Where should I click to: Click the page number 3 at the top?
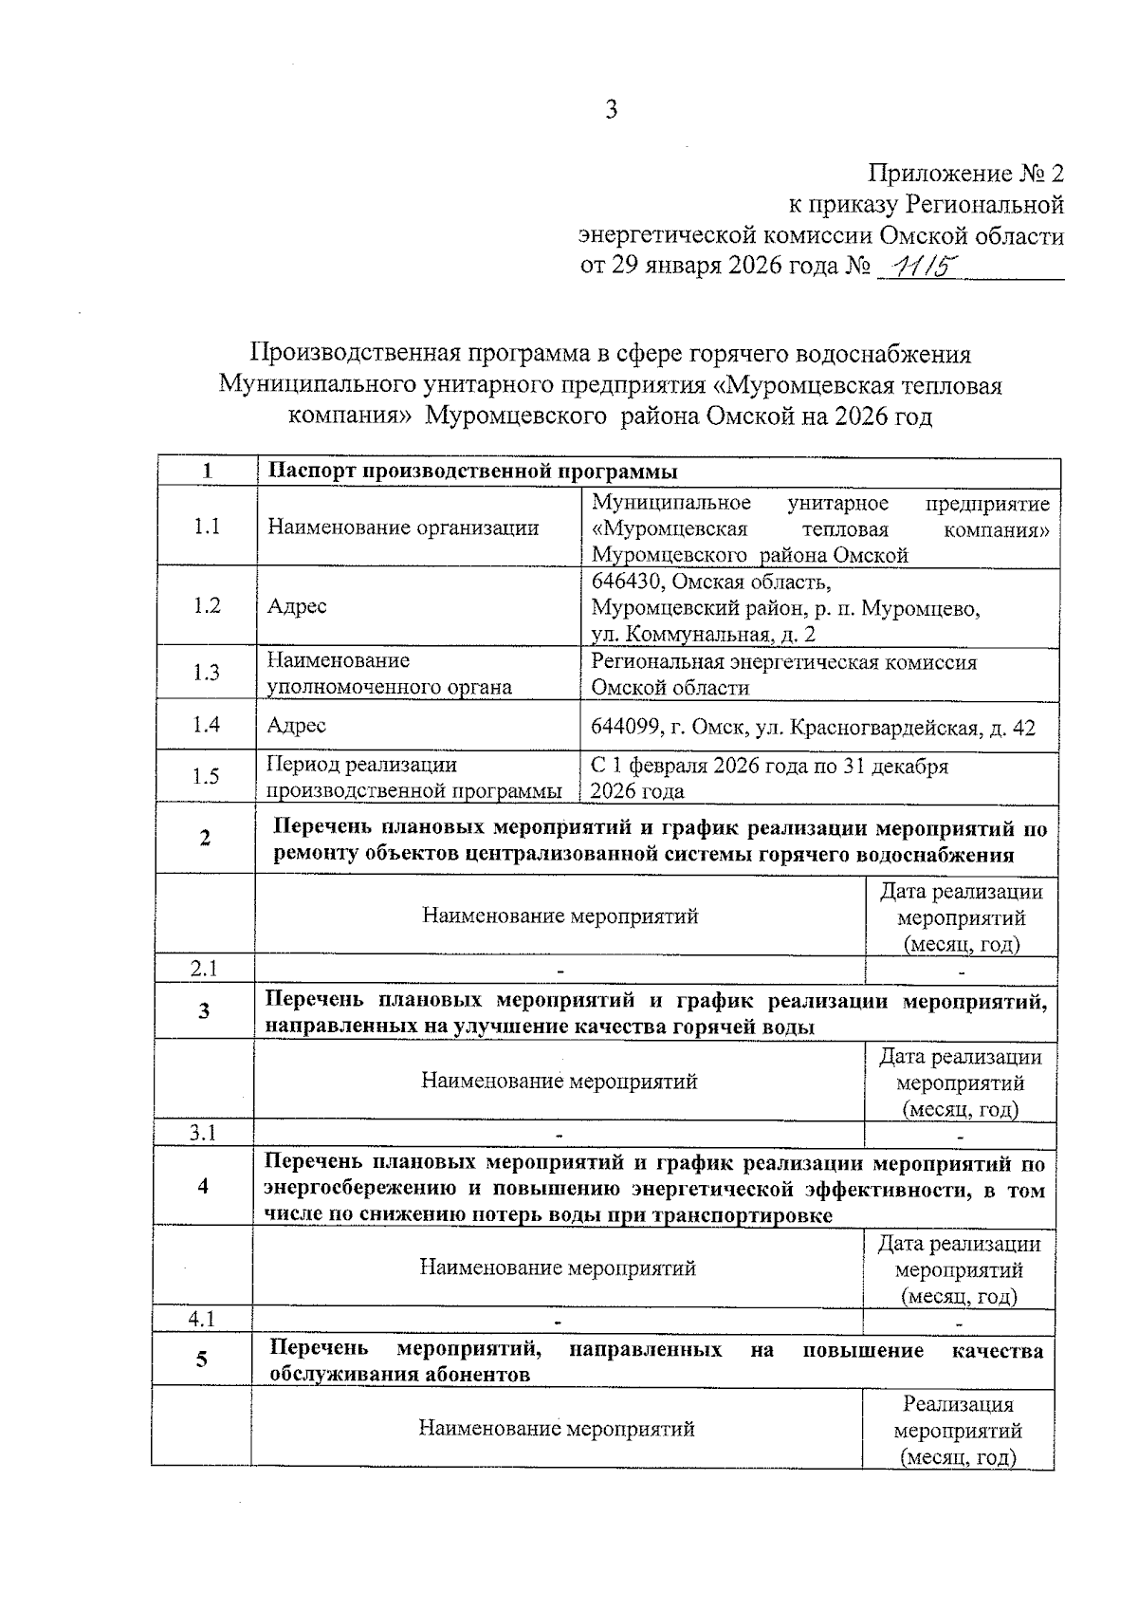pos(612,110)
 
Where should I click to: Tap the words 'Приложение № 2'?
pos(966,174)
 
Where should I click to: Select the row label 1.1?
pos(207,527)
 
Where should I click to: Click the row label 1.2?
pos(207,605)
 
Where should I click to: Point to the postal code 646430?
pos(628,581)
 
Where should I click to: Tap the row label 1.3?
pos(207,673)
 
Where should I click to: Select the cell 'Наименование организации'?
pos(403,527)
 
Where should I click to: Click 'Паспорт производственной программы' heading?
pos(472,472)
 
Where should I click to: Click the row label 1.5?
pos(206,777)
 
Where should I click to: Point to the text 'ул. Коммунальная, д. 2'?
pos(703,635)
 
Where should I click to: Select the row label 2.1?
pos(204,969)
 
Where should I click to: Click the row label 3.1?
pos(203,1133)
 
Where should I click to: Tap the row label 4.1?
pos(202,1318)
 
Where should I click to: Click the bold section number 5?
pos(202,1360)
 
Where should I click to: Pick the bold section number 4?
pos(203,1186)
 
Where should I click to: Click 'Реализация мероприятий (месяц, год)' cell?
pos(958,1430)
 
